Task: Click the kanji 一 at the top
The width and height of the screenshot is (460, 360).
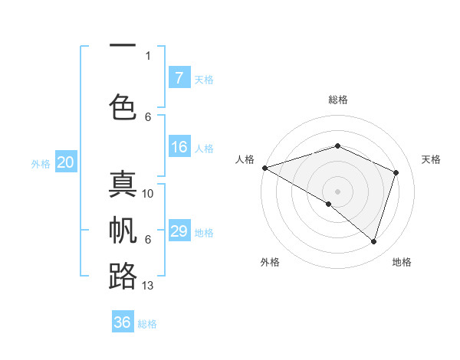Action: pyautogui.click(x=123, y=47)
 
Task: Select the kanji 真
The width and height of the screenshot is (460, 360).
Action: pyautogui.click(x=123, y=185)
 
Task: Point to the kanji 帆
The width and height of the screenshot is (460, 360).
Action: pyautogui.click(x=123, y=231)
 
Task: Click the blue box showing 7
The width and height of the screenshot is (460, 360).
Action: pyautogui.click(x=179, y=78)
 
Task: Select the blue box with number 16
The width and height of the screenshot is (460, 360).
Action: pyautogui.click(x=179, y=148)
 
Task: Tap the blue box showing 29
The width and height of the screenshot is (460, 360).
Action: pyautogui.click(x=179, y=231)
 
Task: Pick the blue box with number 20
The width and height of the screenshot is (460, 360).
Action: pyautogui.click(x=65, y=162)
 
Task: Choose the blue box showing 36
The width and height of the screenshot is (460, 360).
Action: pyautogui.click(x=123, y=322)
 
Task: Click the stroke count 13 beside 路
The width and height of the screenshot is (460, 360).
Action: pyautogui.click(x=148, y=286)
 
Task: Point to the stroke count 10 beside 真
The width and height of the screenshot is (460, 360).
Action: pyautogui.click(x=148, y=194)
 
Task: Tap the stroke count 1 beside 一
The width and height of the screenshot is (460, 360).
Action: pyautogui.click(x=148, y=55)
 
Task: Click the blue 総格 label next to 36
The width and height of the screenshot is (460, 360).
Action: pyautogui.click(x=147, y=324)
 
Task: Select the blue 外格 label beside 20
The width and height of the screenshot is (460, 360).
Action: pyautogui.click(x=41, y=163)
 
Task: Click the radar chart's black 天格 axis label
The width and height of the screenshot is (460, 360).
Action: pyautogui.click(x=431, y=159)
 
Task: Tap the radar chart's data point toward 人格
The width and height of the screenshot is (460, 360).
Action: pyautogui.click(x=264, y=167)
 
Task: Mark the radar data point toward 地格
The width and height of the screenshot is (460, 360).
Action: pyautogui.click(x=374, y=242)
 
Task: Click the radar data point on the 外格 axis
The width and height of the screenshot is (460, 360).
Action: pyautogui.click(x=329, y=204)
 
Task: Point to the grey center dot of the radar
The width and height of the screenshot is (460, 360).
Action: pyautogui.click(x=337, y=191)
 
